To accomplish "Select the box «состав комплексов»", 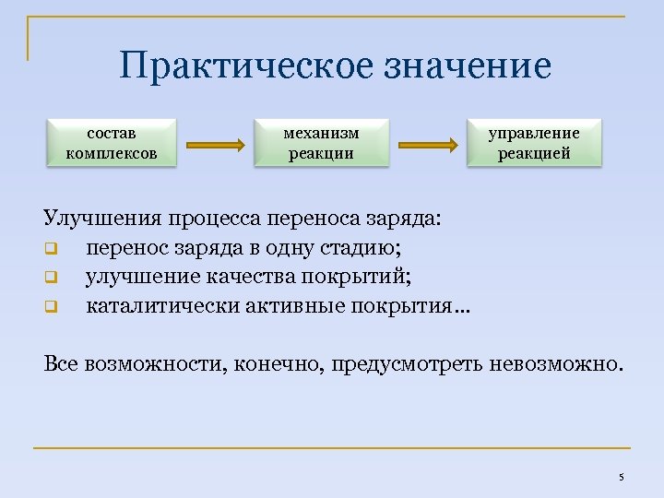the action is click(111, 142).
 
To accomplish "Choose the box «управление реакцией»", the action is click(534, 142).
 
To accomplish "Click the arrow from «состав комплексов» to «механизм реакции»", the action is click(215, 145).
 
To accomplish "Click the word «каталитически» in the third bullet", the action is click(161, 304).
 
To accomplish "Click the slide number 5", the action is click(621, 477).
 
